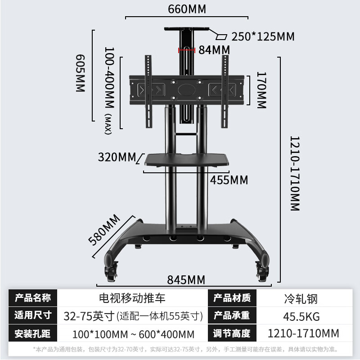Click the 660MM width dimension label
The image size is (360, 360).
(x=187, y=9)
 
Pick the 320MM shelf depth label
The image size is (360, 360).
(x=117, y=157)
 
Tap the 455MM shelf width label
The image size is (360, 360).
(x=229, y=180)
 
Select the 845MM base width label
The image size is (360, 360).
(x=186, y=280)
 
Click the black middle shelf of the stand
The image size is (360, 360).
(x=184, y=160)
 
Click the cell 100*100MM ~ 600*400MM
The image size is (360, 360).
(x=133, y=334)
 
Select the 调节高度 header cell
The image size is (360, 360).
(x=232, y=334)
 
